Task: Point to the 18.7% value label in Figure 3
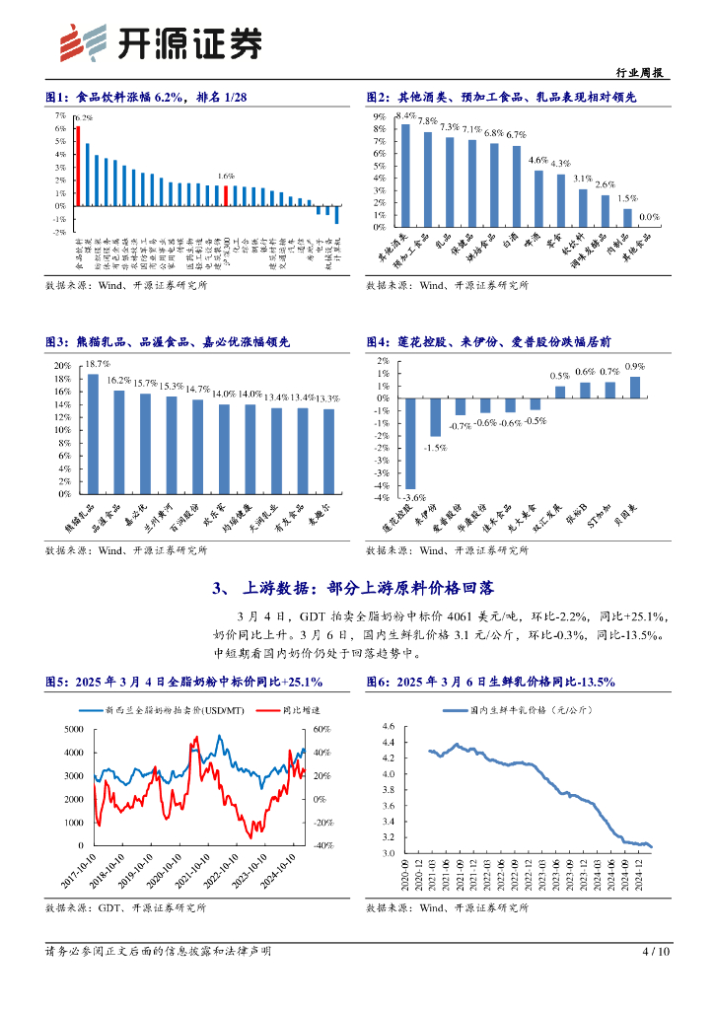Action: pyautogui.click(x=97, y=366)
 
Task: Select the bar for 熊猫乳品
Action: pyautogui.click(x=93, y=433)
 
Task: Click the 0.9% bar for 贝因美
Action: pyautogui.click(x=635, y=388)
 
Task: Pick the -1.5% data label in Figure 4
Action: pyautogui.click(x=435, y=447)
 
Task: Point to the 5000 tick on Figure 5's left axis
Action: pyautogui.click(x=74, y=729)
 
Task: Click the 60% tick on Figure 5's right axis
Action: pyautogui.click(x=322, y=729)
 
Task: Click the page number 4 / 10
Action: pyautogui.click(x=656, y=952)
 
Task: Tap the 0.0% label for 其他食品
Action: pyautogui.click(x=649, y=217)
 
